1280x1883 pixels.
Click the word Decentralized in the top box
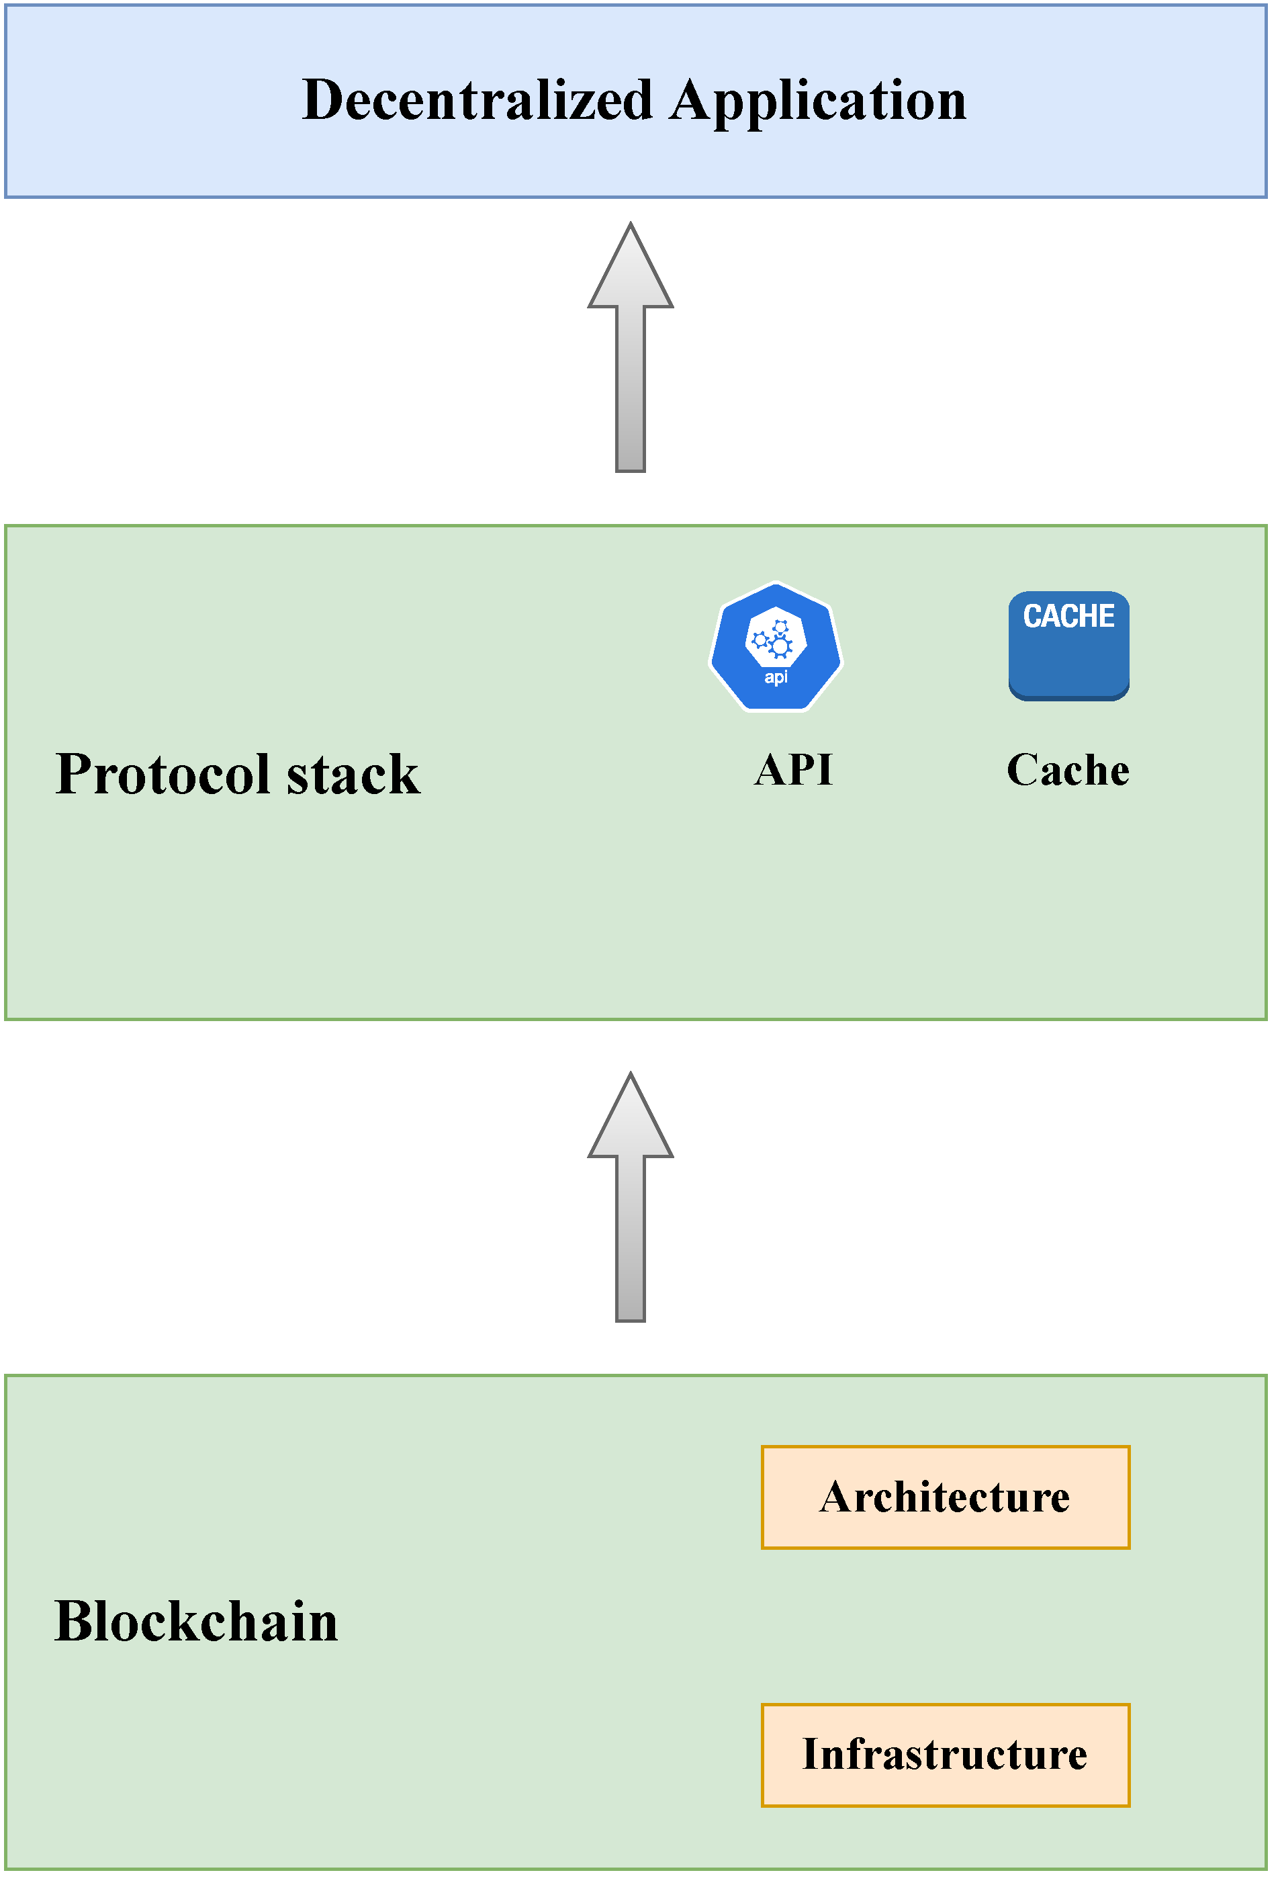pyautogui.click(x=477, y=101)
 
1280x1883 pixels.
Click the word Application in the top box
pyautogui.click(x=818, y=102)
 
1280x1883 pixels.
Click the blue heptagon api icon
pyautogui.click(x=776, y=648)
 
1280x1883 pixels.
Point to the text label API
pyautogui.click(x=793, y=770)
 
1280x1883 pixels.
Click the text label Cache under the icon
pyautogui.click(x=1068, y=770)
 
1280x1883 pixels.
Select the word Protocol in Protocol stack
pyautogui.click(x=162, y=775)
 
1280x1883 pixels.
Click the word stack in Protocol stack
pyautogui.click(x=353, y=775)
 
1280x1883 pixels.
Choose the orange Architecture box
pyautogui.click(x=946, y=1497)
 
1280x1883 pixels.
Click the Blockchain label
pyautogui.click(x=196, y=1622)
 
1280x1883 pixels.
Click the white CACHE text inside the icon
pyautogui.click(x=1068, y=617)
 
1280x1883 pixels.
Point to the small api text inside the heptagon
pyautogui.click(x=776, y=676)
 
